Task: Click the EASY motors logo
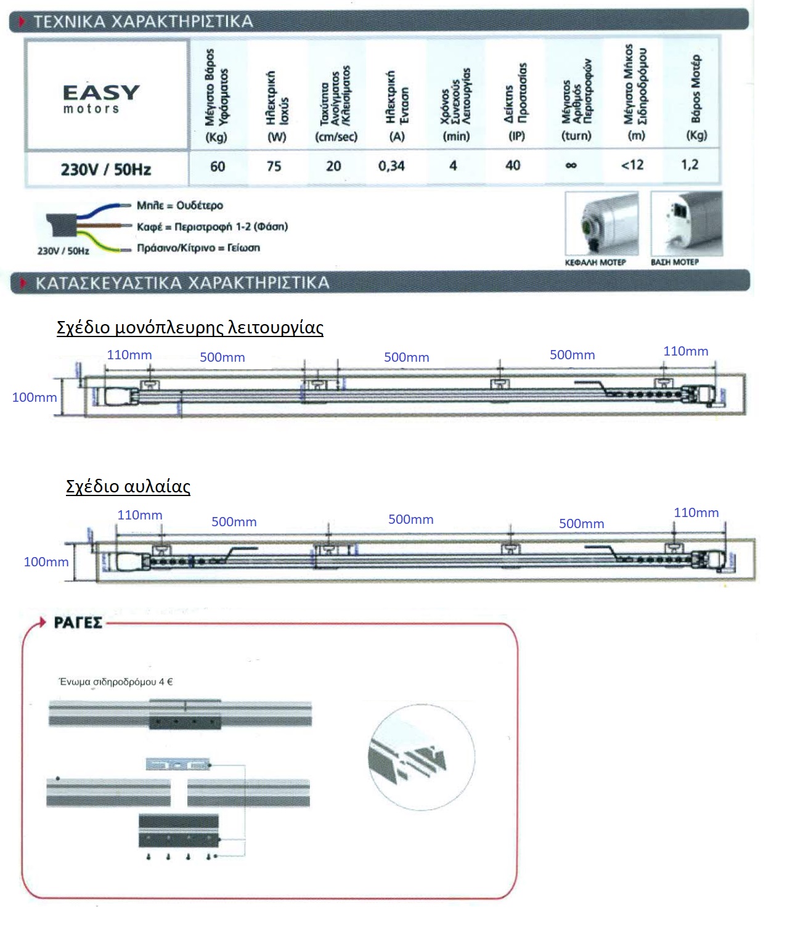101,99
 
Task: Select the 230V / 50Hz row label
105,169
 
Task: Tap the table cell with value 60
218,166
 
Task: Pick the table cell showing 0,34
391,166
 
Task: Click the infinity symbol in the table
571,166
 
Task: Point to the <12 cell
632,165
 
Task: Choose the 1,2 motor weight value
690,165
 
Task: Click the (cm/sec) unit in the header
336,137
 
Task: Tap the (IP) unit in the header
516,136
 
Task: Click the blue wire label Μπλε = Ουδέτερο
180,205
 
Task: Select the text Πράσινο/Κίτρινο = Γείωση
198,248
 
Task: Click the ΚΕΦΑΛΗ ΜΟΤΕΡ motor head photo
601,223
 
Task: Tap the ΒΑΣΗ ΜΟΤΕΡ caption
675,263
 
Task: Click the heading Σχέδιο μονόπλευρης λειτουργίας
190,327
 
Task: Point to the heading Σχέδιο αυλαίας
128,486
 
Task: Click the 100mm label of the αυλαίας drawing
46,561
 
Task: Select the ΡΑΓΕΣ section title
78,622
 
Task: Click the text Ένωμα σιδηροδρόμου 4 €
116,682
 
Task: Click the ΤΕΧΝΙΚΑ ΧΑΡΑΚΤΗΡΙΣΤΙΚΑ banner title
143,22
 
